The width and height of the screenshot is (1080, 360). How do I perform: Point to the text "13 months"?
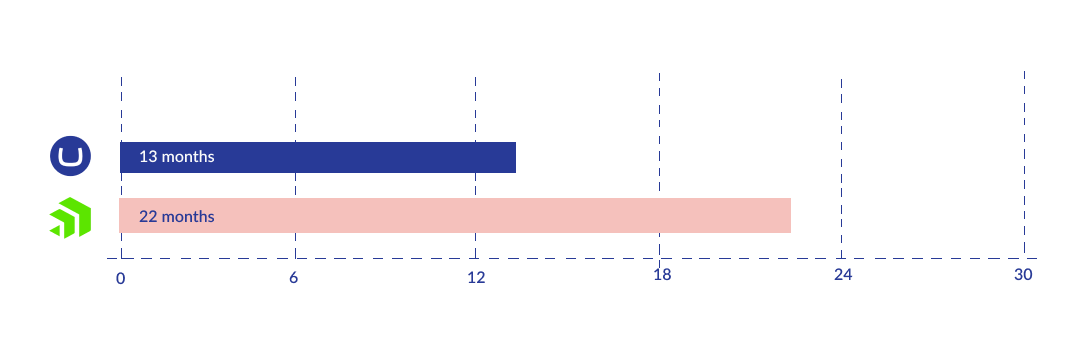(x=177, y=157)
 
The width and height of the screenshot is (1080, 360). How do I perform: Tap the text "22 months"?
(x=177, y=216)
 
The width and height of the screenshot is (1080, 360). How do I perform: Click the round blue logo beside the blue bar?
(x=70, y=157)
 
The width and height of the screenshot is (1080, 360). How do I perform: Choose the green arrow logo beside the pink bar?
(x=70, y=218)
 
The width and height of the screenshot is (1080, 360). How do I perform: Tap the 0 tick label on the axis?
(x=120, y=278)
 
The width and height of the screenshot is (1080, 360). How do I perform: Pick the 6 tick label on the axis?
(x=294, y=278)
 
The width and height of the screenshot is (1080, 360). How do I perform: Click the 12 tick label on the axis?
(x=476, y=277)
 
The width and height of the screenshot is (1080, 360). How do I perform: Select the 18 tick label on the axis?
(x=662, y=275)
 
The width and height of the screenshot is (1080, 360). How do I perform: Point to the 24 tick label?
(x=843, y=274)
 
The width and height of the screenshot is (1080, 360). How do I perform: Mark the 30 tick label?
(x=1023, y=274)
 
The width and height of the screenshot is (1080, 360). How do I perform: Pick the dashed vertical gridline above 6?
(x=295, y=110)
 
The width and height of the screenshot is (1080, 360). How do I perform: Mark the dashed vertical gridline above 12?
(x=475, y=110)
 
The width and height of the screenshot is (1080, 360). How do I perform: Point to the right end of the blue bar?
(x=513, y=157)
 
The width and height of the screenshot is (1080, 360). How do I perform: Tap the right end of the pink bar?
(x=788, y=216)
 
